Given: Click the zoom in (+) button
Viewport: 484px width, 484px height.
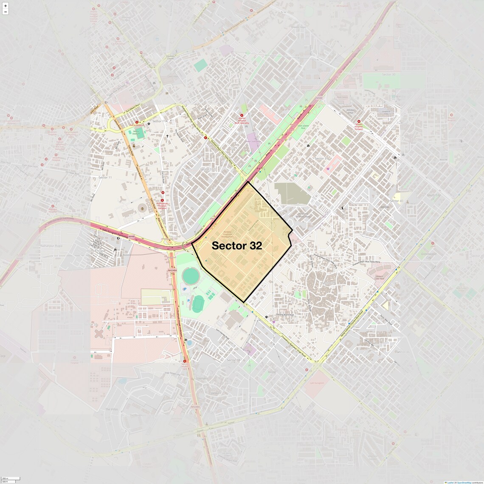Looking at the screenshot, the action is tap(6, 6).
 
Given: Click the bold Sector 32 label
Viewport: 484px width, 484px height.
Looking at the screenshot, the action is tap(236, 246).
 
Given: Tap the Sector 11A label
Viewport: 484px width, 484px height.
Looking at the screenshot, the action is tap(160, 121).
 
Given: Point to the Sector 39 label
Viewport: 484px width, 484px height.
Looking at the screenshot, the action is tap(328, 283).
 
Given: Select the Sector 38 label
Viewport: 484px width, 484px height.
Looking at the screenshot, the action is tap(233, 360).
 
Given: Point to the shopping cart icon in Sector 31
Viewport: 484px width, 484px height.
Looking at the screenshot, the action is tap(329, 169).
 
